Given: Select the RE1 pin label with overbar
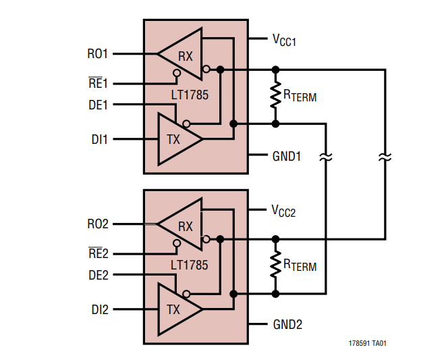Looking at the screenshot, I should [98, 84].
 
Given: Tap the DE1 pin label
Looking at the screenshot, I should [98, 105].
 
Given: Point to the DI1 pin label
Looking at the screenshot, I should [100, 139].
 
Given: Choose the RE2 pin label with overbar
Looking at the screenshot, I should [98, 255].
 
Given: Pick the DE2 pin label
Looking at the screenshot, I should [98, 276].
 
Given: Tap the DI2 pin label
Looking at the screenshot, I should [100, 310].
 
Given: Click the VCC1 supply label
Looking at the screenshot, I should [284, 41].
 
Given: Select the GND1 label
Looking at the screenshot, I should [287, 156].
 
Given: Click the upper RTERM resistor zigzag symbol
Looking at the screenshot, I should [275, 96].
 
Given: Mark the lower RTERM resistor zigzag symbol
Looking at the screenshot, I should [275, 266].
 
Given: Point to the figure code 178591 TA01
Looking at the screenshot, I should [368, 343].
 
